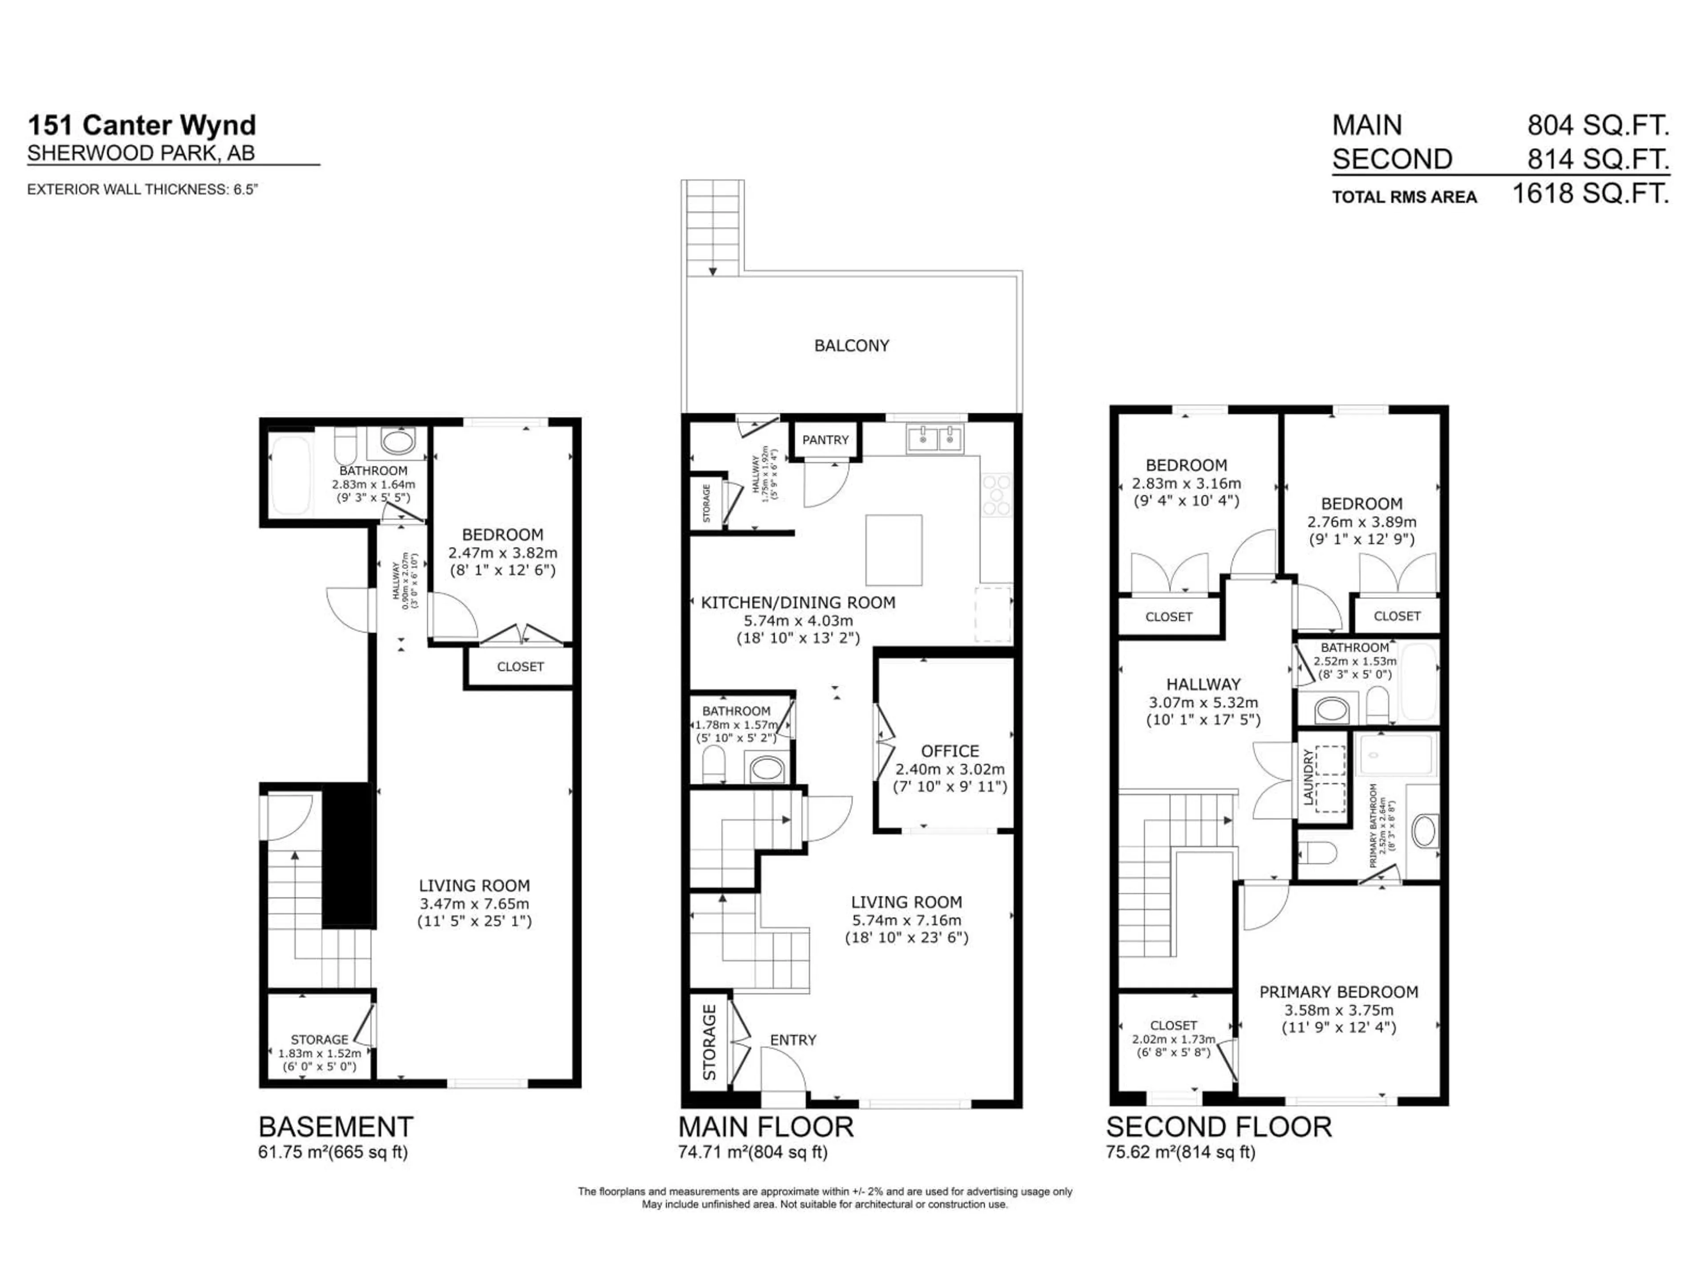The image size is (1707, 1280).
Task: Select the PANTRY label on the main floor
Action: (x=825, y=440)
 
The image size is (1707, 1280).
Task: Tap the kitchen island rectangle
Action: (x=894, y=550)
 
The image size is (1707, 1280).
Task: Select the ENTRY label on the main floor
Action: (x=793, y=1040)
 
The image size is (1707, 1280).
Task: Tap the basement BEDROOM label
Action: (x=502, y=535)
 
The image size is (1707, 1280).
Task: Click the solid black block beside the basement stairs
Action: (x=348, y=855)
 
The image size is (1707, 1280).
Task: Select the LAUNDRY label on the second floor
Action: (x=1309, y=779)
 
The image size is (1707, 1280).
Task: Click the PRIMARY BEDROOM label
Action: (x=1338, y=992)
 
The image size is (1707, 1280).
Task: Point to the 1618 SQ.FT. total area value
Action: (x=1590, y=193)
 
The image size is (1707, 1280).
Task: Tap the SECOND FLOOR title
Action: (x=1218, y=1127)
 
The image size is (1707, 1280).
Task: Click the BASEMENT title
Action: (x=336, y=1127)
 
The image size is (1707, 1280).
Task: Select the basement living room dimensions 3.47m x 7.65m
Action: (x=474, y=904)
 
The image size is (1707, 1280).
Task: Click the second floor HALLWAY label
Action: (x=1203, y=684)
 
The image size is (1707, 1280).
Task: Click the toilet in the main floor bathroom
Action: (x=714, y=766)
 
